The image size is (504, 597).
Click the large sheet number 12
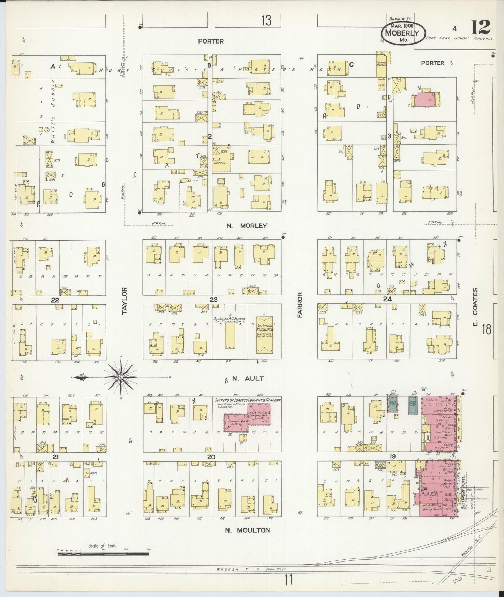tap(482, 27)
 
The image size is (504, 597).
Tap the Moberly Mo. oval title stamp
tap(405, 33)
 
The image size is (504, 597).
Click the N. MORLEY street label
tap(246, 226)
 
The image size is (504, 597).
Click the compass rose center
tap(120, 377)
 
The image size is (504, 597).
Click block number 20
tap(211, 457)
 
